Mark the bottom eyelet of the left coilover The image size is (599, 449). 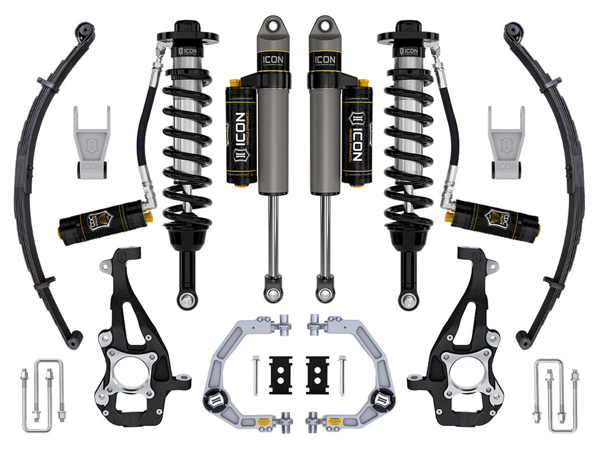(187, 300)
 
